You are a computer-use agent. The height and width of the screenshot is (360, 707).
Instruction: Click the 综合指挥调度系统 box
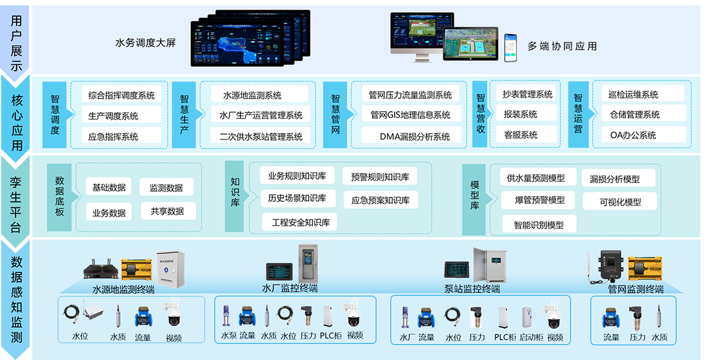[121, 95]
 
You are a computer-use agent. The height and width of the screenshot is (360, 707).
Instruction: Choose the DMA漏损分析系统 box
[411, 136]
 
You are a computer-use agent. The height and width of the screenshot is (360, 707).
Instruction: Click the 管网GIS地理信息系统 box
[411, 115]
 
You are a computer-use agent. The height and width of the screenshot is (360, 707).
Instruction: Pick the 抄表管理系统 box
[525, 94]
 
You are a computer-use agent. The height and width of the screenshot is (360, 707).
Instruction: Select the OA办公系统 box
[633, 135]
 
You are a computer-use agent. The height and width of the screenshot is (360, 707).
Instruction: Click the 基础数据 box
[109, 187]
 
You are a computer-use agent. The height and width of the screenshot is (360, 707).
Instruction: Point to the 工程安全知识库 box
[300, 222]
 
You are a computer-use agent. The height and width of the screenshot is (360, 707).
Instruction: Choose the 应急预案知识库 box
[380, 200]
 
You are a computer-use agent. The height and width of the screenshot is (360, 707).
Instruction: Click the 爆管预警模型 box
[539, 200]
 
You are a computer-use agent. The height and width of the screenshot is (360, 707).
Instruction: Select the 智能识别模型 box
[539, 224]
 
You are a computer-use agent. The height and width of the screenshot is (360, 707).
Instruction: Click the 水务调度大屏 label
[145, 43]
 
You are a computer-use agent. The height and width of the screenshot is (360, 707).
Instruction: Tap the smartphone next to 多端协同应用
[510, 48]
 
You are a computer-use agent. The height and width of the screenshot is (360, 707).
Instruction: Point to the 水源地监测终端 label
[123, 289]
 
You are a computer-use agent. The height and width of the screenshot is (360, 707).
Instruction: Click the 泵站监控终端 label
[472, 289]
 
